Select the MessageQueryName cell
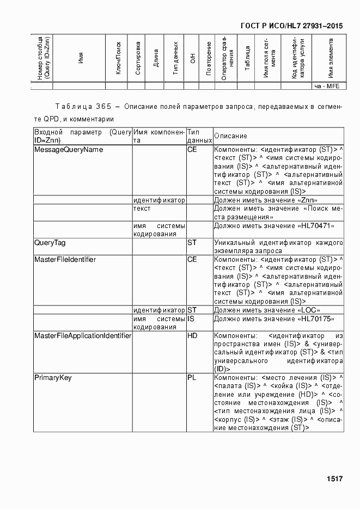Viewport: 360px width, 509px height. pos(69,149)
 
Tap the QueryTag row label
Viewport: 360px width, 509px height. pos(50,243)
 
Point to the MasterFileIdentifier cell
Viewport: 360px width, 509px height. pos(65,260)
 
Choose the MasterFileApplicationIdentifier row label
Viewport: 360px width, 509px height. pos(83,336)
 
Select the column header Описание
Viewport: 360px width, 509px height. pos(230,136)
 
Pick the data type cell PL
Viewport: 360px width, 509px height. pos(192,378)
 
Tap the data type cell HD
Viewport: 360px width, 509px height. pos(192,336)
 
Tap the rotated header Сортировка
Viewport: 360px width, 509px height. pos(138,58)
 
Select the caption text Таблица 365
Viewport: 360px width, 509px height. pos(81,106)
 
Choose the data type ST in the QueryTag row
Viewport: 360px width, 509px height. pos(192,243)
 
